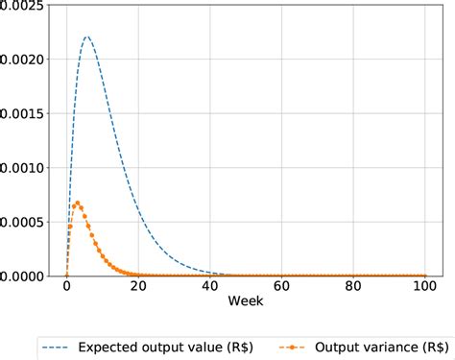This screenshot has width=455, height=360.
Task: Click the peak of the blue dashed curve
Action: [87, 36]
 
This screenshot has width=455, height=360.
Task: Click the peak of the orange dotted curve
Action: [77, 202]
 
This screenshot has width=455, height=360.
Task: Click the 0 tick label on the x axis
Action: [66, 287]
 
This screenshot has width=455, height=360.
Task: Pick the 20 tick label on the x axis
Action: [138, 287]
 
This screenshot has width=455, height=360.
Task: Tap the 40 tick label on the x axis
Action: [210, 287]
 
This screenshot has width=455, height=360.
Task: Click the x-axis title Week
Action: [246, 302]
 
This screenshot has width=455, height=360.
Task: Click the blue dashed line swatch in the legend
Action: [60, 346]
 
